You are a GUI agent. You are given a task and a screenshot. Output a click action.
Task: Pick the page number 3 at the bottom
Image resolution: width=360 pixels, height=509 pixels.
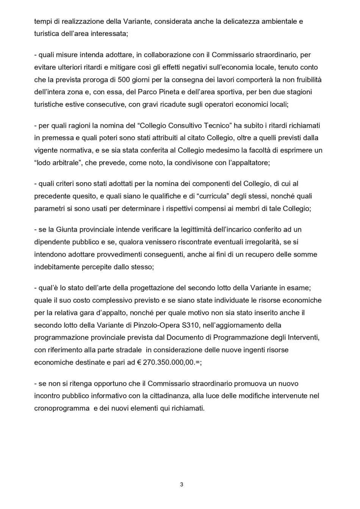(x=182, y=484)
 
